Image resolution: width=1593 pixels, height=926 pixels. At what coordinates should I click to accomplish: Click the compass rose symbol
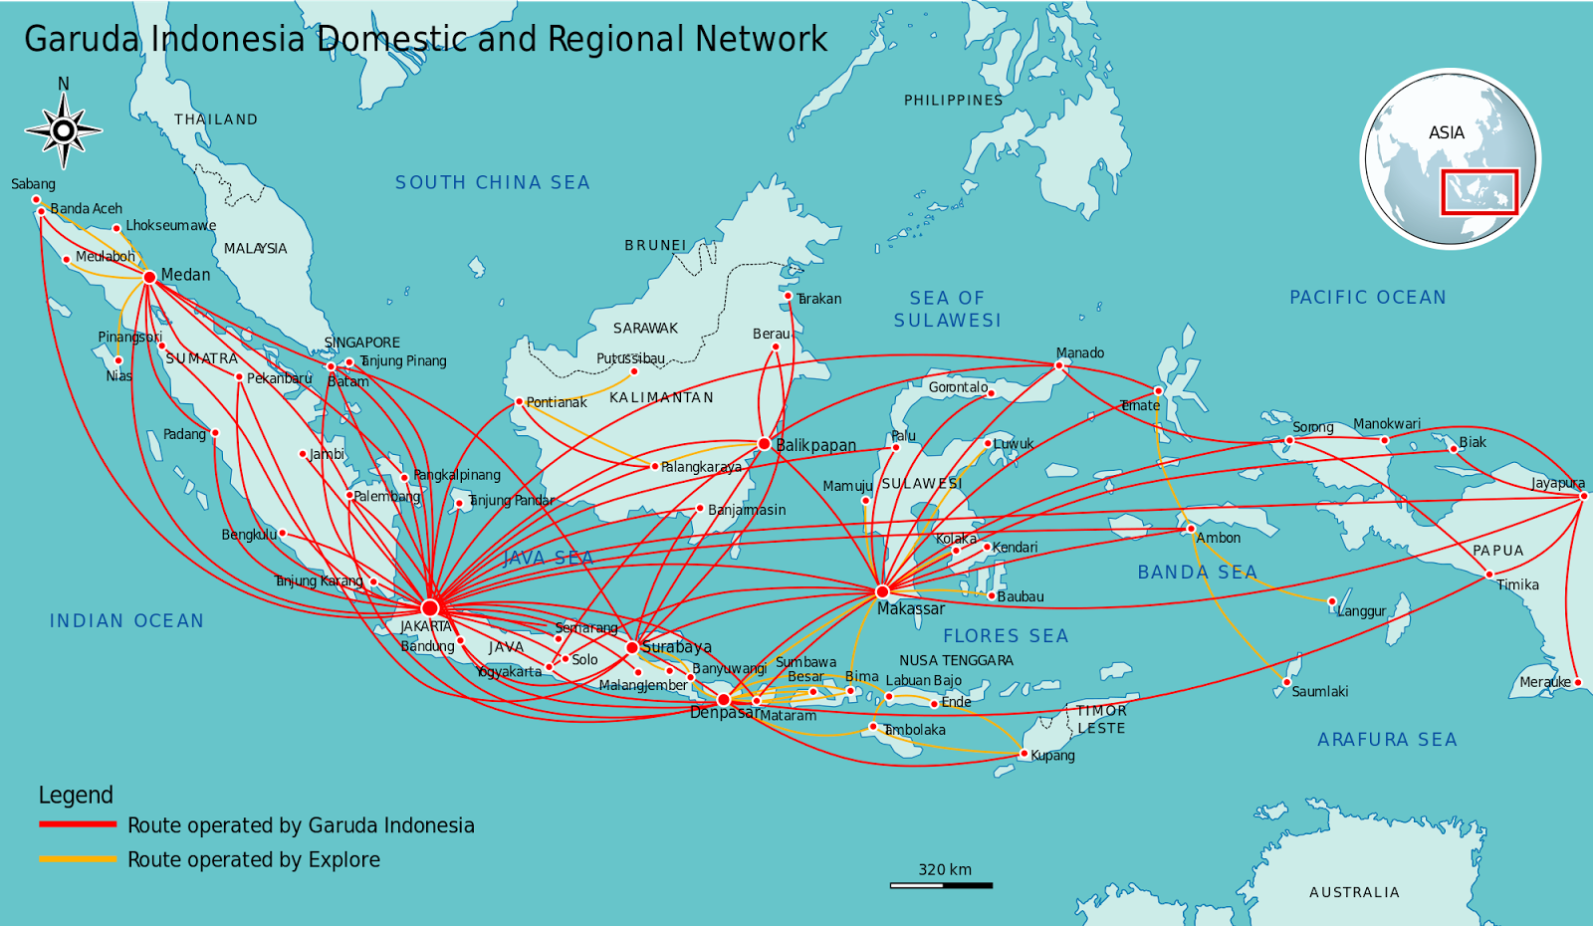(x=64, y=130)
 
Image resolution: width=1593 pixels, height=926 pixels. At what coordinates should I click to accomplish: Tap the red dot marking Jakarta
(x=430, y=607)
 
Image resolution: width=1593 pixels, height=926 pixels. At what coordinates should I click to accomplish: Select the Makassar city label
(x=910, y=608)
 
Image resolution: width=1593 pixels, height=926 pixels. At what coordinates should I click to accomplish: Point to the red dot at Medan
(x=149, y=277)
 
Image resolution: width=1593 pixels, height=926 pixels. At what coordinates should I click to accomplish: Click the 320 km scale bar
(x=941, y=884)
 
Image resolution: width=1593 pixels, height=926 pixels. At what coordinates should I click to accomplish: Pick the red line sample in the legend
(x=78, y=824)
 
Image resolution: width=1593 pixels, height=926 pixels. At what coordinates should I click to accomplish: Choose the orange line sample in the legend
(x=78, y=858)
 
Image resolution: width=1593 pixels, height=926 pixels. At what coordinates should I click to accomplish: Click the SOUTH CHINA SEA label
(x=492, y=182)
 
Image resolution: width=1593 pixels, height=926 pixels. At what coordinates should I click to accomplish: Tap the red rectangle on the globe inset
(x=1479, y=191)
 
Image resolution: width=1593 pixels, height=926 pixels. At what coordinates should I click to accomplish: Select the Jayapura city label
(x=1557, y=483)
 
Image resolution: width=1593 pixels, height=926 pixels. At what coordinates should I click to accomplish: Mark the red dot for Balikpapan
(x=764, y=444)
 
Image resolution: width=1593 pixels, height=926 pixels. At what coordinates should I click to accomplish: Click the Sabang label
(x=33, y=184)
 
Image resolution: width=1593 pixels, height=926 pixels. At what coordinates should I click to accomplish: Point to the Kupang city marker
(x=1024, y=754)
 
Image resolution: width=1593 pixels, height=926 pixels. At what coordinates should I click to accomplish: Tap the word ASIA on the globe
(x=1446, y=132)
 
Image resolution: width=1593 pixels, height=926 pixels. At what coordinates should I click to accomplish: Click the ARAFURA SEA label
(x=1386, y=739)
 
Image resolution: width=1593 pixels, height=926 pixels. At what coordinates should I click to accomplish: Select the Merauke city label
(x=1544, y=682)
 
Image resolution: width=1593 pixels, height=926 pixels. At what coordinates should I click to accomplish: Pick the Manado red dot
(x=1059, y=365)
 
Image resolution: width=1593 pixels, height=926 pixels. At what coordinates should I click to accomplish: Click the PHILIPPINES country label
(x=953, y=100)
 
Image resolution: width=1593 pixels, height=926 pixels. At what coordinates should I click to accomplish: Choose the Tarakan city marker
(x=788, y=296)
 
